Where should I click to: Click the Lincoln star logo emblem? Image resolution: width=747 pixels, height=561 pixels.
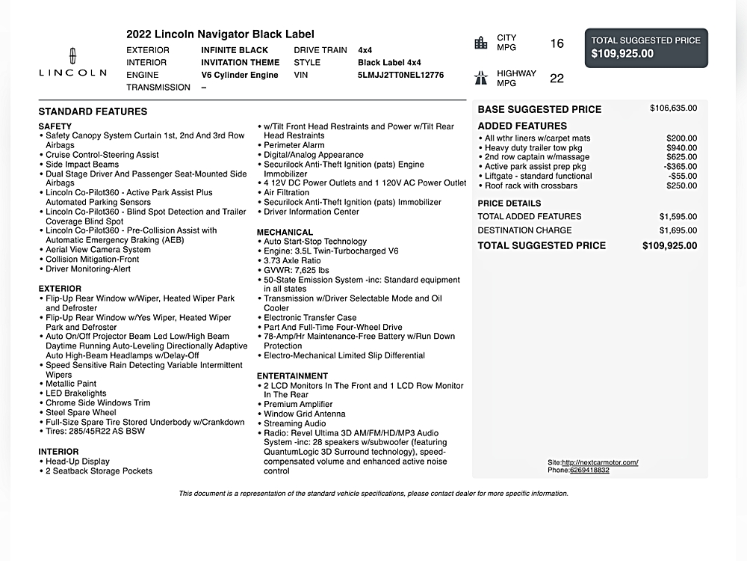72,55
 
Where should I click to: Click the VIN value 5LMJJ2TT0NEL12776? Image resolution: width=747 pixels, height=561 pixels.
400,75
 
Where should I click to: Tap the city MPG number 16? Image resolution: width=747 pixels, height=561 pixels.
557,43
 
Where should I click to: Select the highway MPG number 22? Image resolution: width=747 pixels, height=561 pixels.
557,79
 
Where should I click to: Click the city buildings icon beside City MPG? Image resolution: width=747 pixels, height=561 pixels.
481,43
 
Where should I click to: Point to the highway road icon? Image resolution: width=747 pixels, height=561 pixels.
481,77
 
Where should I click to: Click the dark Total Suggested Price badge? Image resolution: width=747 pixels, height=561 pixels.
646,47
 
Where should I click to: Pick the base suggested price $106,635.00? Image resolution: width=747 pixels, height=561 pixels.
673,108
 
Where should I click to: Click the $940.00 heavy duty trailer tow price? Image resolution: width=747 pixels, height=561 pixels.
681,148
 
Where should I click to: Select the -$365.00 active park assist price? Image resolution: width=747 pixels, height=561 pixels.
680,167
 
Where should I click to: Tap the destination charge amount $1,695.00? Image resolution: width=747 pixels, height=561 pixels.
678,230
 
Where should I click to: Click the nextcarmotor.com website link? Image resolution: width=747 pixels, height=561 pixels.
600,462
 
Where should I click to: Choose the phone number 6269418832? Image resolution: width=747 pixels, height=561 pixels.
589,470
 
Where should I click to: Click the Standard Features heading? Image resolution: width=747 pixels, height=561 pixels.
93,111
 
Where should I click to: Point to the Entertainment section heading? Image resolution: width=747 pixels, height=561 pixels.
292,375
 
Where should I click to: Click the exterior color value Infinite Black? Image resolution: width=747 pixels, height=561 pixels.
235,50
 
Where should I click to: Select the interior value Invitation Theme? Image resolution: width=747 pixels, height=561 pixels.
240,63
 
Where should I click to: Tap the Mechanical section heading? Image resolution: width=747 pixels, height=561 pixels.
285,232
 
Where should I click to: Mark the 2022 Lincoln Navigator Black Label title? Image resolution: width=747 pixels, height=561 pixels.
220,34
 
